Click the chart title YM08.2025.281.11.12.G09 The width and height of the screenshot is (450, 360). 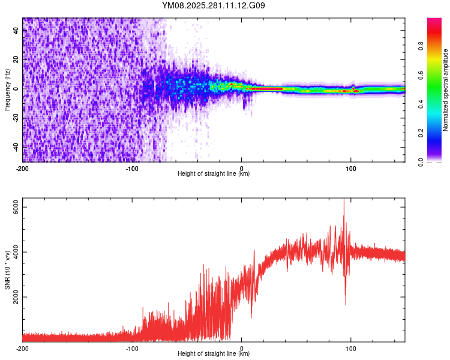pos(214,6)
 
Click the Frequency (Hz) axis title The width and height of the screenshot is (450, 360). pos(7,90)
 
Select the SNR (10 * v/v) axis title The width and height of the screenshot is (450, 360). pos(7,269)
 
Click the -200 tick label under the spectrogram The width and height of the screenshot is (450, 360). pos(23,167)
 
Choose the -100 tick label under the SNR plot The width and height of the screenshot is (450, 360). pos(132,348)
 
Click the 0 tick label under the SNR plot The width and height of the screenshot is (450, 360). pos(242,348)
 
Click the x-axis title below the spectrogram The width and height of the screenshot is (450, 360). pos(214,174)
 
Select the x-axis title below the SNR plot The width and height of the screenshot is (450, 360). pos(214,355)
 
